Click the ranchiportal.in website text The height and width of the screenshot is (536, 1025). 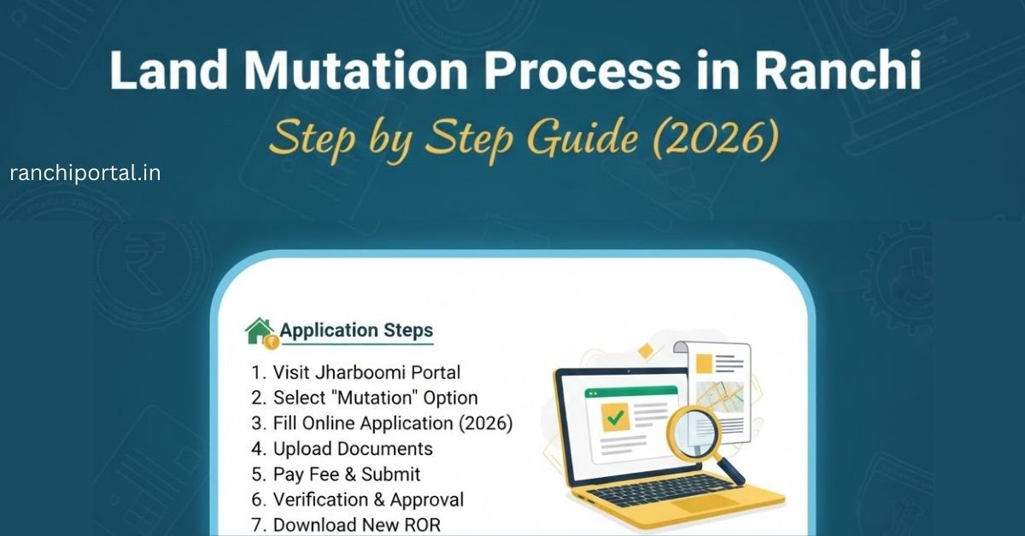click(x=85, y=173)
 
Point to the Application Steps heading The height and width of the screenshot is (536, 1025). click(x=356, y=330)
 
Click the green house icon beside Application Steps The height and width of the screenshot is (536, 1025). click(x=260, y=331)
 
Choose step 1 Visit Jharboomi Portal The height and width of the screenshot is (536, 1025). click(x=356, y=372)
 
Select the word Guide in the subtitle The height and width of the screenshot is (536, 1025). click(x=590, y=138)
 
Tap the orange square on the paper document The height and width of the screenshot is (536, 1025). click(x=704, y=364)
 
